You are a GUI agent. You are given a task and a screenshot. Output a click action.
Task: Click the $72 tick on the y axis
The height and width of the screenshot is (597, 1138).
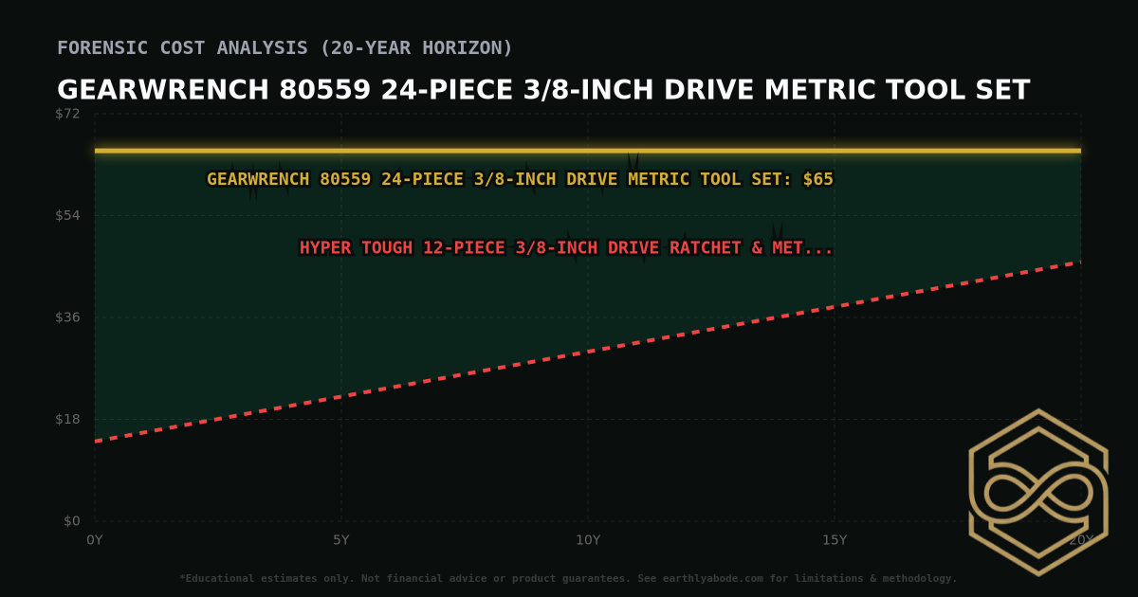(x=68, y=114)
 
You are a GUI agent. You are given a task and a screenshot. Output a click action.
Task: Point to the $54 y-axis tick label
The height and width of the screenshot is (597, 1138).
(x=68, y=216)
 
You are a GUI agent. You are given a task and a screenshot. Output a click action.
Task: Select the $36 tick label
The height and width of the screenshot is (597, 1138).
(x=68, y=317)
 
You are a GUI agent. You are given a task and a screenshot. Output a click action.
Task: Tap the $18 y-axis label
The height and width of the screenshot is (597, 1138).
(x=68, y=420)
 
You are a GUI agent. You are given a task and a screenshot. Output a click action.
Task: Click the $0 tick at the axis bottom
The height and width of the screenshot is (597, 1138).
(x=72, y=521)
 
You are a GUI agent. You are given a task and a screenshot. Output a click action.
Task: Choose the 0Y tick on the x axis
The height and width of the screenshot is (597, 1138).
(x=95, y=540)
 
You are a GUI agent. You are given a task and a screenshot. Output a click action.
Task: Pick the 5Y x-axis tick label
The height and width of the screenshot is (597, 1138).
(x=341, y=540)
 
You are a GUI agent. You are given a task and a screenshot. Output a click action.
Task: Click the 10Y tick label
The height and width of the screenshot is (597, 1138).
(x=588, y=540)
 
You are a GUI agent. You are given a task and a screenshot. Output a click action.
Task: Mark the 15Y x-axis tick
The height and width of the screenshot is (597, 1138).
(x=835, y=540)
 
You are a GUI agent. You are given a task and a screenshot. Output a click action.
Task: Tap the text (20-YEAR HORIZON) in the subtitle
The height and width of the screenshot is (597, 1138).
(x=413, y=47)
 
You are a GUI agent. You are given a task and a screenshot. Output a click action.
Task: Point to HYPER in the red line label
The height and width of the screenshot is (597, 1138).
(x=328, y=248)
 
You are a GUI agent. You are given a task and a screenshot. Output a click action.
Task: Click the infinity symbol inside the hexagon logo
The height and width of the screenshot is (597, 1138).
(x=1037, y=493)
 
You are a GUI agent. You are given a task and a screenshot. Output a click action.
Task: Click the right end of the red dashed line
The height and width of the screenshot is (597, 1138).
(x=1079, y=262)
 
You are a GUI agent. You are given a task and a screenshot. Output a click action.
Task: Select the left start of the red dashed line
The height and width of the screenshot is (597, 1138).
(x=96, y=441)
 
